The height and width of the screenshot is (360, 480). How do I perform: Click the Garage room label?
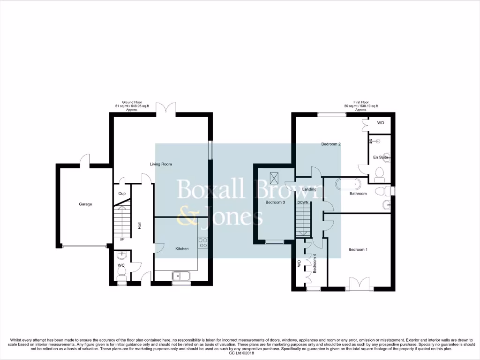pos(85,204)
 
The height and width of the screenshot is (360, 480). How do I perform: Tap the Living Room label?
pos(161,165)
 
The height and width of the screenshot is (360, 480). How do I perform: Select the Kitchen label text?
pos(182,248)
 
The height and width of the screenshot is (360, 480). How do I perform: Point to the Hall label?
pos(139,225)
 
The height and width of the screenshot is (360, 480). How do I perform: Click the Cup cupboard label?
pos(122,194)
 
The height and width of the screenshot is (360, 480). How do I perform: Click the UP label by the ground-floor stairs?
pos(121,239)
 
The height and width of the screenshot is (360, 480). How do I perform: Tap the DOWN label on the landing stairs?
pos(302,202)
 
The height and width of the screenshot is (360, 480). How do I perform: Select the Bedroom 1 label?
pos(358,250)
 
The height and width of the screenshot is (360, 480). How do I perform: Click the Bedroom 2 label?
pos(330,144)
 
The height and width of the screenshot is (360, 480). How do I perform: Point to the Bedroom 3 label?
pos(275,202)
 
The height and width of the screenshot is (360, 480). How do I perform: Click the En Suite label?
pos(382,158)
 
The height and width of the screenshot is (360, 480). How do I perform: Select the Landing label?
pos(309,189)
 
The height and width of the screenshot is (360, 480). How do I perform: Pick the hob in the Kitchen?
pos(203,242)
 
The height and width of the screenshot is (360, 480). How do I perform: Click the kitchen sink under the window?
pos(180,276)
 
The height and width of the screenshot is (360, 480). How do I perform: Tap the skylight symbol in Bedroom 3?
pos(274,178)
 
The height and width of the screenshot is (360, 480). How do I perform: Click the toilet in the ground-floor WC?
pos(121,277)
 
